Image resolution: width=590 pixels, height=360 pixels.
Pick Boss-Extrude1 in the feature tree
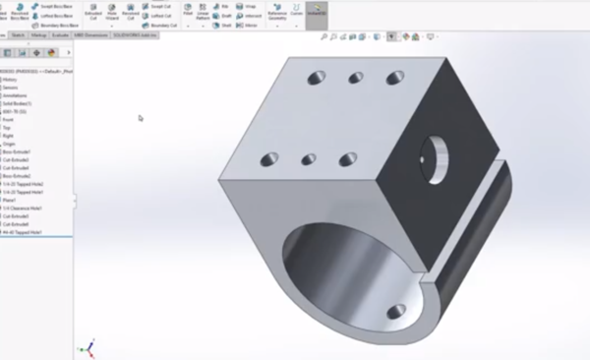(x=17, y=151)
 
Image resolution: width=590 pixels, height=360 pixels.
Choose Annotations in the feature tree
(x=15, y=94)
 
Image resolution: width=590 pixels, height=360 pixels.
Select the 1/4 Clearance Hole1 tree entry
(x=25, y=208)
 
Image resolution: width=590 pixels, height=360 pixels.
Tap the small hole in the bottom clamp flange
(x=395, y=312)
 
